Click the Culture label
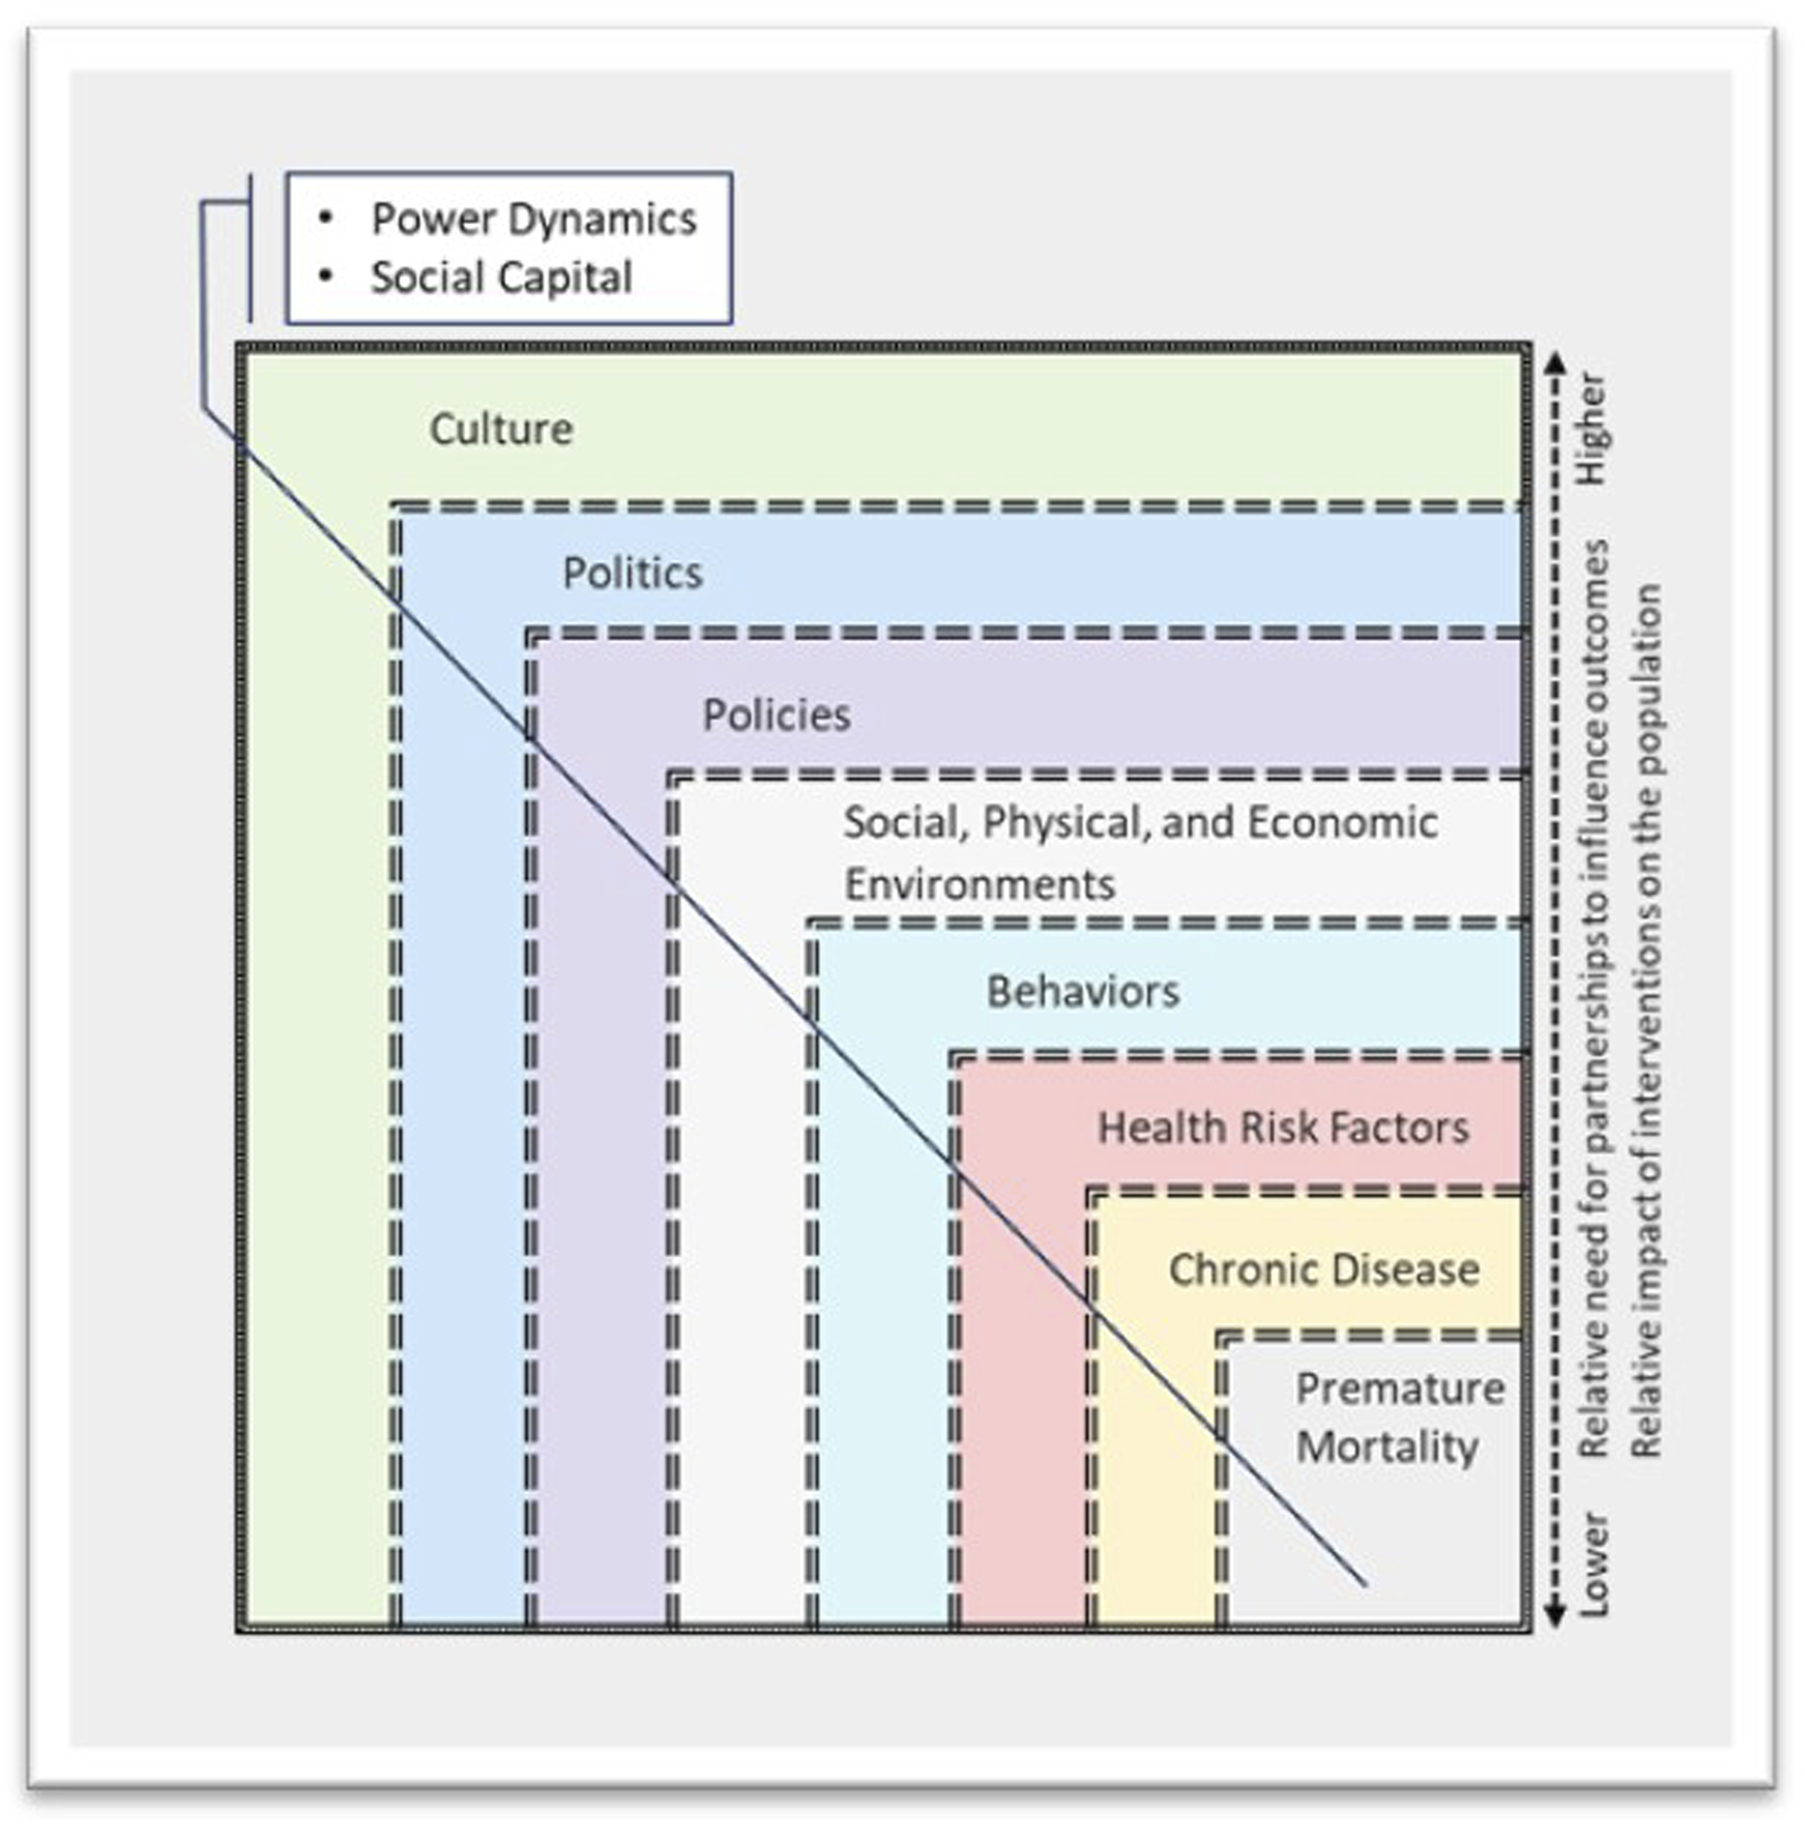click(x=501, y=430)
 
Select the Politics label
click(x=633, y=572)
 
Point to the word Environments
click(x=979, y=885)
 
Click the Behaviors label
click(x=1083, y=992)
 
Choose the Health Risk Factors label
click(x=1283, y=1128)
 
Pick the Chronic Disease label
click(x=1324, y=1269)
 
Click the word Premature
click(x=1400, y=1389)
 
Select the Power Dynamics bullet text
click(x=534, y=219)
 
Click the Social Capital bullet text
click(x=501, y=278)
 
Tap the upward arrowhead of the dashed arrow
click(x=1555, y=362)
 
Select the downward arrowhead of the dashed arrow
click(x=1555, y=1615)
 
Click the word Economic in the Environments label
click(x=1342, y=823)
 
